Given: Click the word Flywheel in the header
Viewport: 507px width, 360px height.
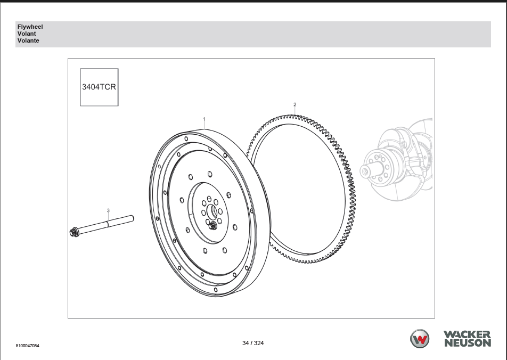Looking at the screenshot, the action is [30, 27].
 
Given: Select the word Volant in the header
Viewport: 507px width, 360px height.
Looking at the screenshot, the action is [27, 34].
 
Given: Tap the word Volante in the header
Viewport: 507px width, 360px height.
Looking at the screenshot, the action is [28, 41].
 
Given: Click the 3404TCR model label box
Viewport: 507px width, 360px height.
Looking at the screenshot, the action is [99, 87].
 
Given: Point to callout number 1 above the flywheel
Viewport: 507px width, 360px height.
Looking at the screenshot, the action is [204, 119].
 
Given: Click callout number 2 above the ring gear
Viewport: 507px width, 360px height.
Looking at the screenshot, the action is [295, 104].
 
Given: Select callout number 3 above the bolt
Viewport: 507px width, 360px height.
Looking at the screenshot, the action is [108, 210].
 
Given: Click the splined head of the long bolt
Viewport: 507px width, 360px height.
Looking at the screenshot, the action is [74, 232].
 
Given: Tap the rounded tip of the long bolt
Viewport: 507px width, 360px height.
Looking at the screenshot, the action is [132, 219].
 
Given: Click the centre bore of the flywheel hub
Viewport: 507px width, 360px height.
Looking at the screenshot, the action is [214, 212].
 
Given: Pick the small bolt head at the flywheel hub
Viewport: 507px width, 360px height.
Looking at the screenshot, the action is [212, 226].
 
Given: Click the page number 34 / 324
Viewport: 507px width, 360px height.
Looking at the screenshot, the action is [253, 343].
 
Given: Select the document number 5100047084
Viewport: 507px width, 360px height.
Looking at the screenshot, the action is [28, 346].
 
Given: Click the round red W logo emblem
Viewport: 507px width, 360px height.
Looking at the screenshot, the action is [420, 339].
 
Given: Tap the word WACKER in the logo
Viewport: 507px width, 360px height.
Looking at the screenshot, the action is [467, 334].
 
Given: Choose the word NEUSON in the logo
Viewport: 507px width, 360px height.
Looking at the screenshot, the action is [468, 343].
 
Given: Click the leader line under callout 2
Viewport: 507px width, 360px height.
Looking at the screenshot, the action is [295, 111].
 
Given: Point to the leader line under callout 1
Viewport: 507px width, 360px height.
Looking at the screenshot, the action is [204, 126].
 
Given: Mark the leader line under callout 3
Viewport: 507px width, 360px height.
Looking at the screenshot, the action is [108, 217].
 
